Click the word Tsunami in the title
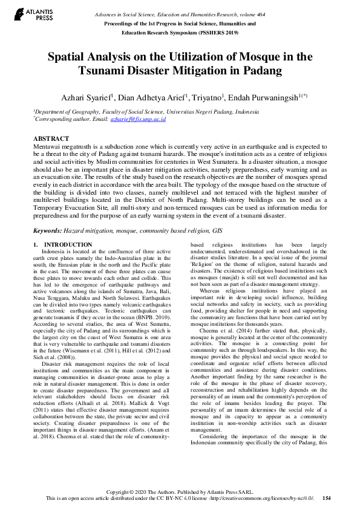(105, 71)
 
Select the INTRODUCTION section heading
(68, 245)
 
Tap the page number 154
(327, 498)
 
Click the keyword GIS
(219, 230)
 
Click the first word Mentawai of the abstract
(48, 147)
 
